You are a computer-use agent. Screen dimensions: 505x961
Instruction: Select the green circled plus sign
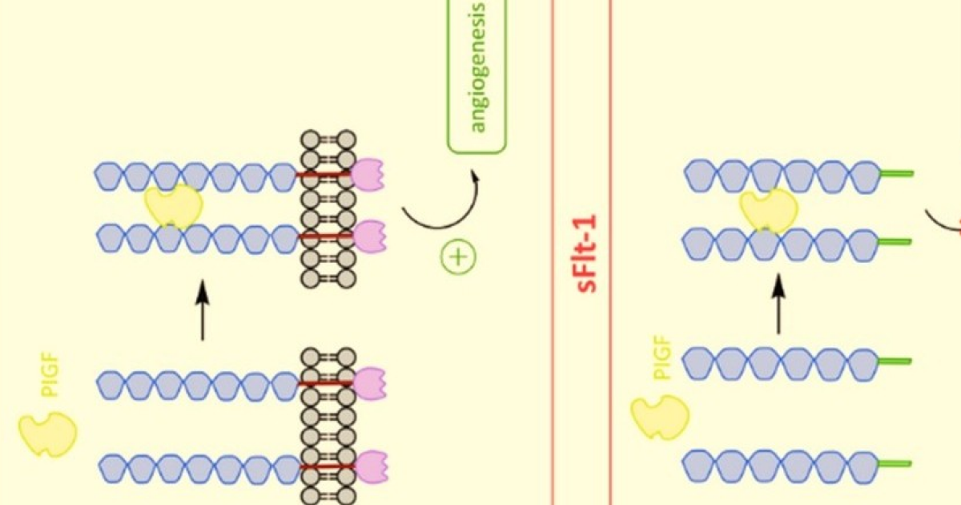click(458, 257)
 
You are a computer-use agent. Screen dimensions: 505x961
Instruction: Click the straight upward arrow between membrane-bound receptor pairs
click(202, 310)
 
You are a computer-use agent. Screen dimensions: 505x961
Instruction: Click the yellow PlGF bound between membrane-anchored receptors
click(173, 207)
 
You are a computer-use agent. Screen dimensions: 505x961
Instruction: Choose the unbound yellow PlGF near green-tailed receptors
click(660, 417)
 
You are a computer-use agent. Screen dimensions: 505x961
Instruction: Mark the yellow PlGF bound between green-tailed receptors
click(768, 210)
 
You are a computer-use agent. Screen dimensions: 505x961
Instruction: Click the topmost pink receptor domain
click(368, 175)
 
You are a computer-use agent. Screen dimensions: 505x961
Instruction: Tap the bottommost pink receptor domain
click(369, 467)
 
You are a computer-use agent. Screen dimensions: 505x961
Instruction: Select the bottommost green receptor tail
click(895, 463)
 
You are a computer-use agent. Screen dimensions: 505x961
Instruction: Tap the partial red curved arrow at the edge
click(945, 220)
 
